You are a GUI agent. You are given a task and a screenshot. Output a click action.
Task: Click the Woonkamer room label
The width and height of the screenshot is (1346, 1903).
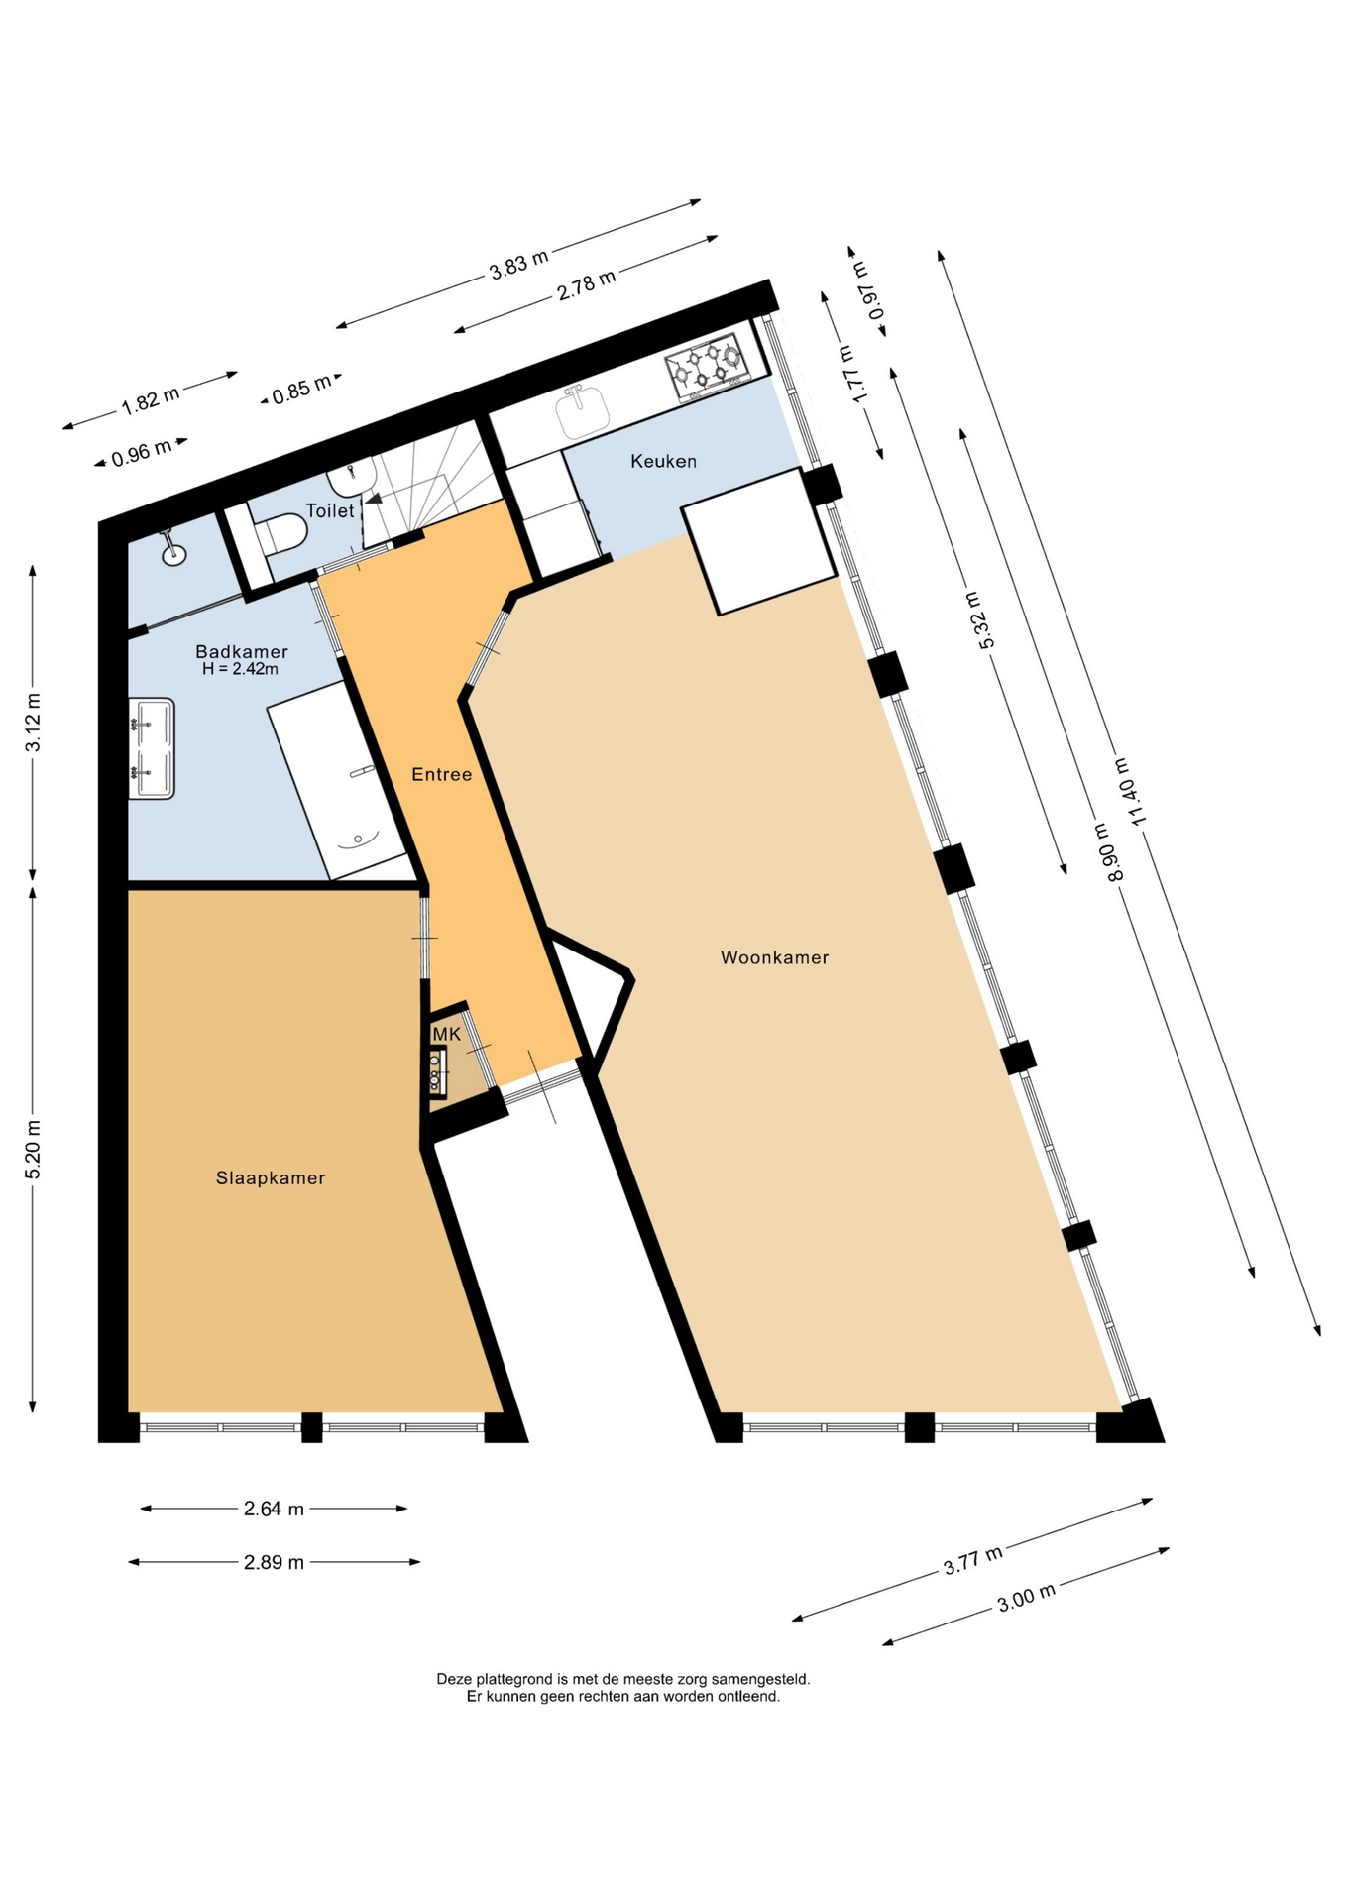tap(774, 957)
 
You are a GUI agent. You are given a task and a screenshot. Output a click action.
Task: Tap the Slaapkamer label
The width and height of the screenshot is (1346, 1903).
tap(271, 1177)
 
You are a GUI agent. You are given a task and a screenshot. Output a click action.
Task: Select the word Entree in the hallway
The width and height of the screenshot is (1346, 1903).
tap(441, 774)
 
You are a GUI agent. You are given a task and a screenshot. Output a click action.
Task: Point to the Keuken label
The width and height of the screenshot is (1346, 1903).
tap(663, 461)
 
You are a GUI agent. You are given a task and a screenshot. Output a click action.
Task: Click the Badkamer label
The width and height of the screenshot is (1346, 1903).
tap(241, 651)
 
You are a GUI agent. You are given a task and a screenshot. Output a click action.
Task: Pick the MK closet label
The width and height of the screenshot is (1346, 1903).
tap(446, 1034)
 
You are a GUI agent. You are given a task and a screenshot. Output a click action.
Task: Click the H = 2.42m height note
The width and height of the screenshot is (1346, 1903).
tap(240, 669)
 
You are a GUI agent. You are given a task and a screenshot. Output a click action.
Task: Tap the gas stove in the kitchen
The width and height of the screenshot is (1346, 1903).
tap(707, 367)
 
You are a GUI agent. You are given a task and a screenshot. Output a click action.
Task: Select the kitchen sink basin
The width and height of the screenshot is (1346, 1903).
tap(582, 411)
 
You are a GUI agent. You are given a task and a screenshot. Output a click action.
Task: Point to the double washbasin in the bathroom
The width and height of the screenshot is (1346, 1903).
tap(152, 748)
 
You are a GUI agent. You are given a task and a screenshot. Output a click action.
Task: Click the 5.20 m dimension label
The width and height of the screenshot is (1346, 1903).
tap(33, 1150)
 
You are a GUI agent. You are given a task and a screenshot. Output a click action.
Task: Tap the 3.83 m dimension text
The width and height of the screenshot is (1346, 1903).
tap(518, 265)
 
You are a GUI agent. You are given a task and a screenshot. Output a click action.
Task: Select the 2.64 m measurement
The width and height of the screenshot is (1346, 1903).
tap(274, 1509)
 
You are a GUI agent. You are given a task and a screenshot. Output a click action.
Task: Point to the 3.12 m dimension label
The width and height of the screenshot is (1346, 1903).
tap(33, 723)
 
